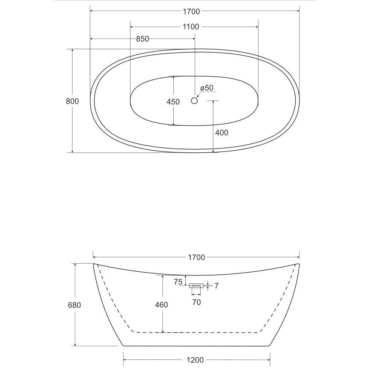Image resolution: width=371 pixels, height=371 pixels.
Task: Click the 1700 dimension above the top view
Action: coord(191,12)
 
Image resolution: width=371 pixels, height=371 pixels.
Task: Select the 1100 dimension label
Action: coord(191,27)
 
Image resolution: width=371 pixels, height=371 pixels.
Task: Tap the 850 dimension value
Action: coord(142,39)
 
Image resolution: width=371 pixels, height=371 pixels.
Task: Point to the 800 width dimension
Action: coord(72,101)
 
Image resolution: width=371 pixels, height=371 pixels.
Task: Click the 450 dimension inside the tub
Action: coord(173,102)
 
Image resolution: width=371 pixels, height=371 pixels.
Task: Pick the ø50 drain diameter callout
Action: coord(207,88)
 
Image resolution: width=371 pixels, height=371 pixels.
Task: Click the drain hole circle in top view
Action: coord(194,101)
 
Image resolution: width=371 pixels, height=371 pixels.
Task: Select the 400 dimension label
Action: coord(222,133)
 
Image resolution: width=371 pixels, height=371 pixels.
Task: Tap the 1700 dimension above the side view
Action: coord(196,258)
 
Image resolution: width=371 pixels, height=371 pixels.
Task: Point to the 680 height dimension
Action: coord(74,305)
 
